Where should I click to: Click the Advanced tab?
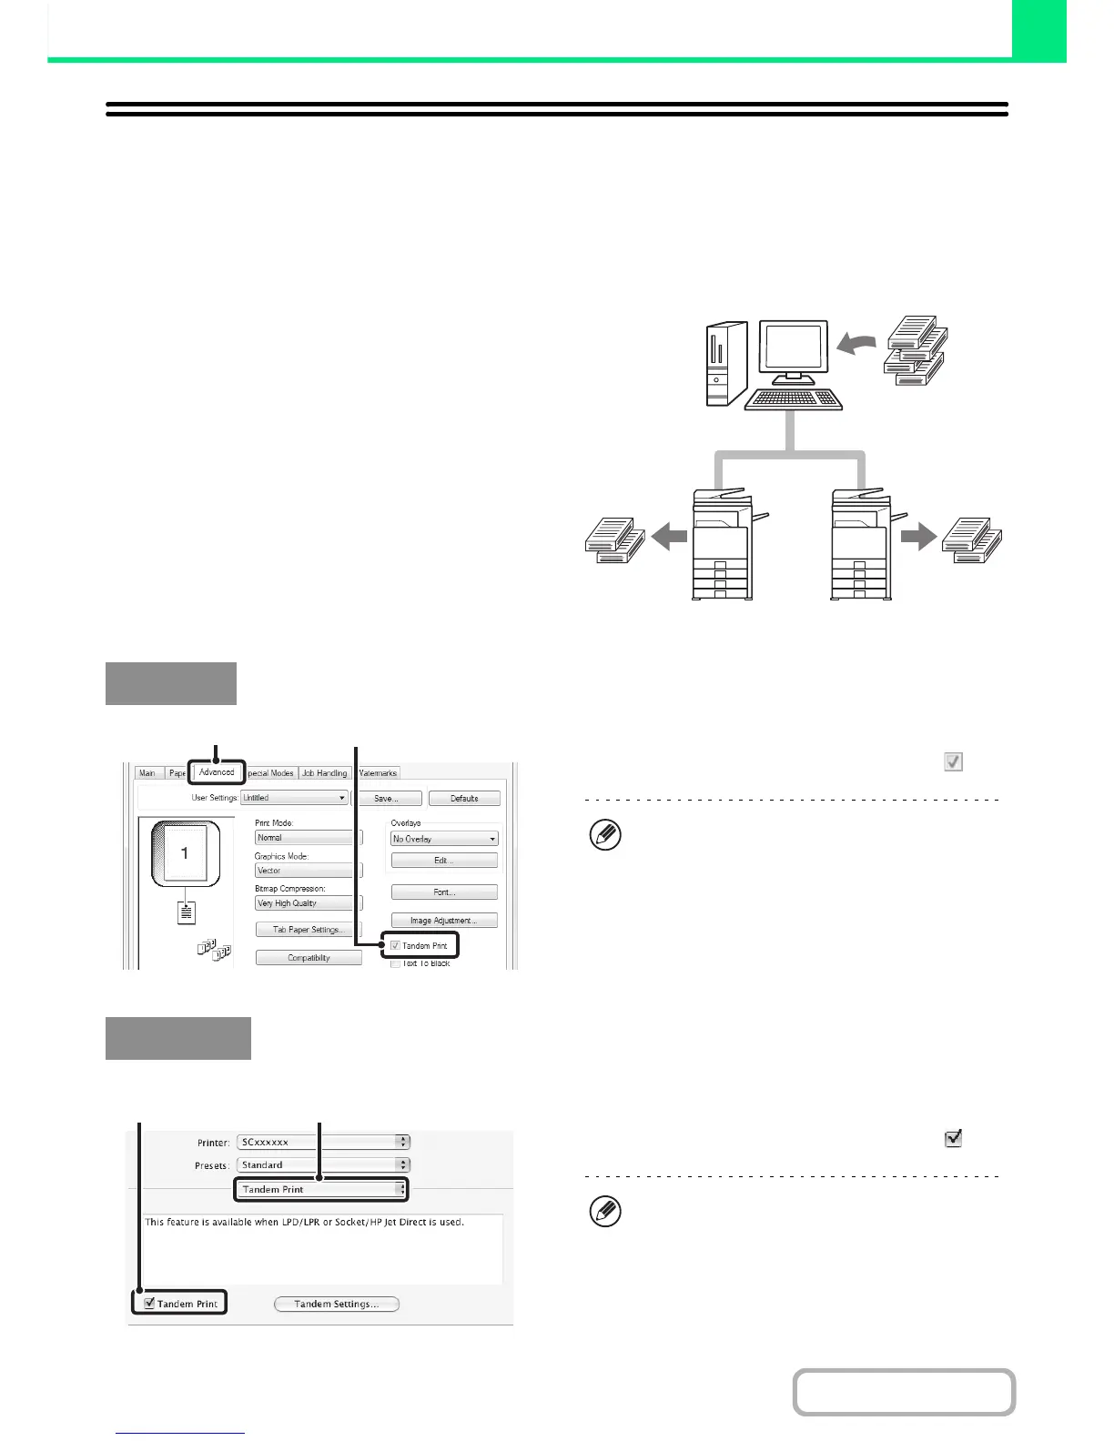[217, 772]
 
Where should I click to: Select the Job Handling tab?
[325, 773]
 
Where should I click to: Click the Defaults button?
[464, 799]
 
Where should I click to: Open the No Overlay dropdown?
[444, 839]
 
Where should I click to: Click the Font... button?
[444, 892]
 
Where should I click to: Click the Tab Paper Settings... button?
[308, 930]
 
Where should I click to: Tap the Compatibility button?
[309, 958]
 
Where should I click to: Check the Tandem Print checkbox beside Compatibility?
[396, 946]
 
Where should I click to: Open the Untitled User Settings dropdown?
[294, 798]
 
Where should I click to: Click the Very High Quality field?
[304, 903]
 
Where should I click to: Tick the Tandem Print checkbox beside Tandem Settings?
[149, 1304]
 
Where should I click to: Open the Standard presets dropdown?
[323, 1165]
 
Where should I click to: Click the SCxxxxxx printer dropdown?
[323, 1143]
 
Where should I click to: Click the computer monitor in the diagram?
[793, 349]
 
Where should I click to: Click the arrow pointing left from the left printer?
[669, 539]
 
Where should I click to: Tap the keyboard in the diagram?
[793, 399]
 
